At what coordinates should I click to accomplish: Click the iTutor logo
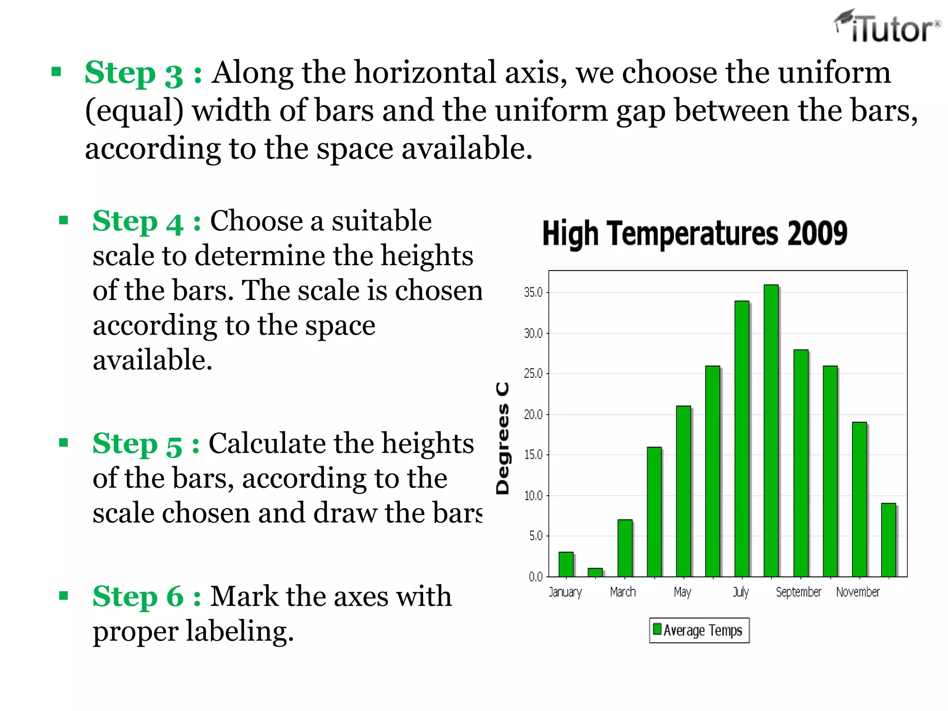click(x=887, y=27)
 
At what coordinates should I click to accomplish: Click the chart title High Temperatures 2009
click(x=694, y=233)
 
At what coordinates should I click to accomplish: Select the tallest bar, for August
click(x=771, y=430)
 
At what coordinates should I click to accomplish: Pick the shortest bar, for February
click(x=595, y=572)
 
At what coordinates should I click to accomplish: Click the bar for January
click(x=566, y=564)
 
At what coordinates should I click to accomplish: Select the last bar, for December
click(x=888, y=540)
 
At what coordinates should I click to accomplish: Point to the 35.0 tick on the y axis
click(x=533, y=293)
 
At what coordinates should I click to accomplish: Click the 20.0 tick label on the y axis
click(x=533, y=414)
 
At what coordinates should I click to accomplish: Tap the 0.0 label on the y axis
click(x=536, y=577)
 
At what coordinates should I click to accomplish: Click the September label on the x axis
click(x=798, y=592)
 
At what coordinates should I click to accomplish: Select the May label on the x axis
click(x=682, y=592)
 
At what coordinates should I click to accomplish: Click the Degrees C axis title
click(x=503, y=438)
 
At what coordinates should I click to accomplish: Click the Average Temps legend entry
click(x=699, y=630)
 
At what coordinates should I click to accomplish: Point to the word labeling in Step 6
click(x=239, y=632)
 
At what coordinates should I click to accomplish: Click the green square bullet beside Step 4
click(x=64, y=220)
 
